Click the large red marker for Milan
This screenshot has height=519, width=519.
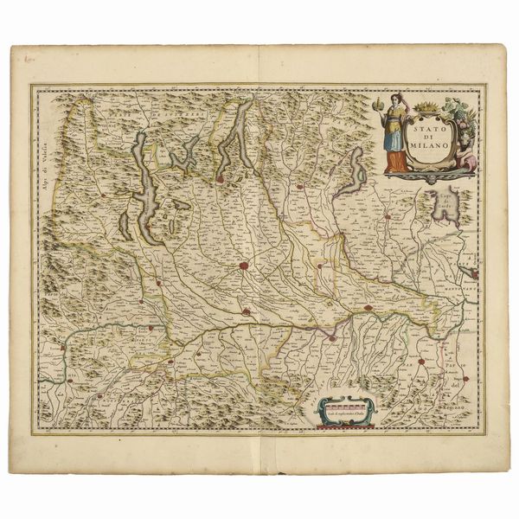245,267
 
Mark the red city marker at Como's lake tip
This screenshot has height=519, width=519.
221,179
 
